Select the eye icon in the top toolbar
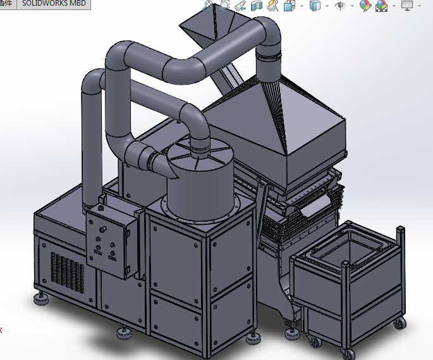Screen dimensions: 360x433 (340, 6)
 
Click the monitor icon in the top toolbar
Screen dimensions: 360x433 (406, 6)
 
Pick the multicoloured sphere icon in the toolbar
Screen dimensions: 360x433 (365, 6)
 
